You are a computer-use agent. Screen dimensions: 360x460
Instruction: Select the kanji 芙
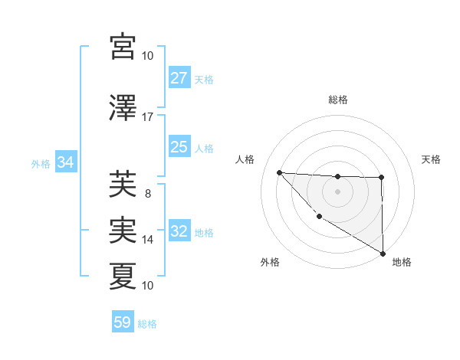point(123,184)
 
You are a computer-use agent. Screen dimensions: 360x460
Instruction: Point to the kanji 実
point(123,230)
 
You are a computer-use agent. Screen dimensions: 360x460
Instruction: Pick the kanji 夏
point(123,276)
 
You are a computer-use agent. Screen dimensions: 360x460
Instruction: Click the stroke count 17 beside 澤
point(147,117)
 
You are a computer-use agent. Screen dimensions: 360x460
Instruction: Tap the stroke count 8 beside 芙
point(147,194)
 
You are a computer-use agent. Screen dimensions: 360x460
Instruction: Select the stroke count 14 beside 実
point(147,240)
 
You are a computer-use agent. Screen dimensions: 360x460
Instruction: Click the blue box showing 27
point(179,78)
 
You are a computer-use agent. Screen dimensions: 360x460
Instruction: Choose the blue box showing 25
point(179,147)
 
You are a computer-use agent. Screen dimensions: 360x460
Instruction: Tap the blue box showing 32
point(179,231)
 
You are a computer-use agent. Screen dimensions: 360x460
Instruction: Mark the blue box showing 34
point(65,162)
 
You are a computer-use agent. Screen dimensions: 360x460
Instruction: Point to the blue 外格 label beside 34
point(41,163)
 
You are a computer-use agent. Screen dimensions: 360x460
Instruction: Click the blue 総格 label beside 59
point(148,323)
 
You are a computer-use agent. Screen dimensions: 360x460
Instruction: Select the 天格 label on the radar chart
point(432,159)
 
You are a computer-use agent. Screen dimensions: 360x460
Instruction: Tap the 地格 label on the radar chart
point(402,262)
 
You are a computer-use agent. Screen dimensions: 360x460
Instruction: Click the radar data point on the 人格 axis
point(279,172)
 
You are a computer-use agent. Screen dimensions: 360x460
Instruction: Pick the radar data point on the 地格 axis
point(383,254)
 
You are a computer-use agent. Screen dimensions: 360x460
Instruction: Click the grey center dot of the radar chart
point(337,191)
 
